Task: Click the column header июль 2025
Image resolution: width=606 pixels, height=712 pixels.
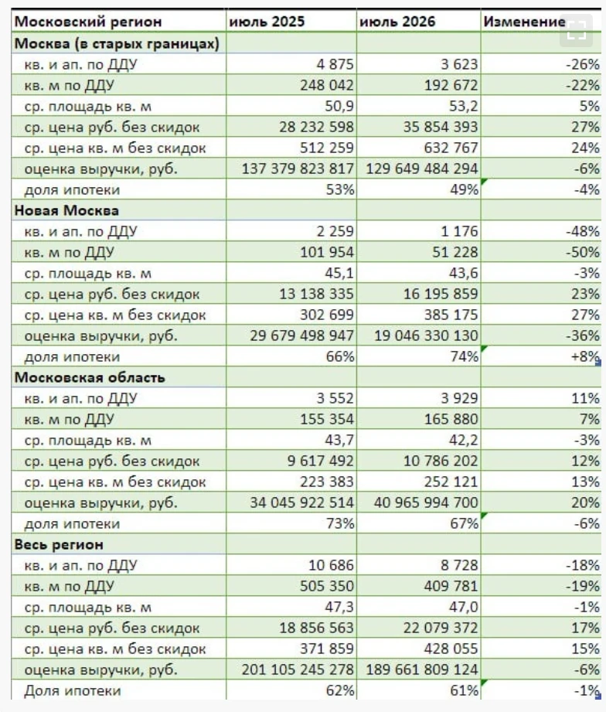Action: pos(267,22)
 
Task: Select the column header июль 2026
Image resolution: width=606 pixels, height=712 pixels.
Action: pos(397,22)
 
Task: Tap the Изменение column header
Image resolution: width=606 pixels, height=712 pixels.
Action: pos(524,22)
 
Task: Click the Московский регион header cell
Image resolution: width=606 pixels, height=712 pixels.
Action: pos(87,22)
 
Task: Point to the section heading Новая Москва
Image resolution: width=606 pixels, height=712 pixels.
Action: pos(66,210)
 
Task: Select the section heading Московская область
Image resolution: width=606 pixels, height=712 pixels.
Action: pos(90,377)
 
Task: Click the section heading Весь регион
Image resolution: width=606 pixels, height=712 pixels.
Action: pos(59,544)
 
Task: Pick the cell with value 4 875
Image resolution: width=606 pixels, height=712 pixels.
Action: pos(335,64)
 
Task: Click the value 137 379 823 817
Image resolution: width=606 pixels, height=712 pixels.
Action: pos(298,169)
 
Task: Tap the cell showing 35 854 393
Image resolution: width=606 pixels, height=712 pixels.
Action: pos(441,127)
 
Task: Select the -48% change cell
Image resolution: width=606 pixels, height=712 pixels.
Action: pos(583,231)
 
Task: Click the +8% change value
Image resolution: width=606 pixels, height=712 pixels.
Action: pos(586,356)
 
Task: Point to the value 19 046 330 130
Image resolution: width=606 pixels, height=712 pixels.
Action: pos(426,336)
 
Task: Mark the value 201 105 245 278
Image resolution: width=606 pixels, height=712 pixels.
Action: pos(298,669)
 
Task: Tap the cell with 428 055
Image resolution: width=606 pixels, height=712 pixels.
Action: pos(451,649)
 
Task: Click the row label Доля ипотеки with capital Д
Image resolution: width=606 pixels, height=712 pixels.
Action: pos(73,691)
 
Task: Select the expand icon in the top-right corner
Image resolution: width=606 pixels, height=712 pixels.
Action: pos(577,30)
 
